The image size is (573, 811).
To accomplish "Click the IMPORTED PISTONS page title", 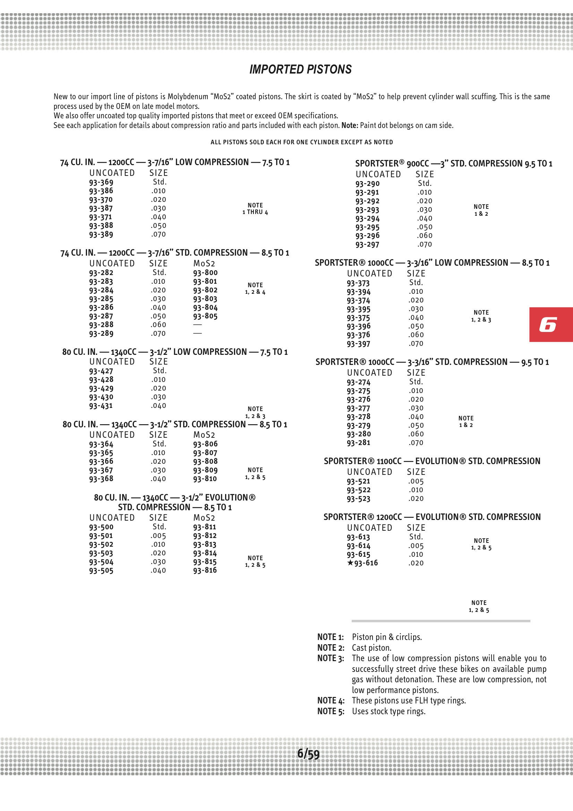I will click(300, 69).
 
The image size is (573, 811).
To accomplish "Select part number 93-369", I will click(101, 182).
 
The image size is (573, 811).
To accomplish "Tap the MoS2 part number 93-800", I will click(205, 273).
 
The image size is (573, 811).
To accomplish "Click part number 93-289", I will click(101, 333).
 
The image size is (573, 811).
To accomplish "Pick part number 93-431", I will click(101, 406).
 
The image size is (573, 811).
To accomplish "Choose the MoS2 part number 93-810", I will click(205, 479).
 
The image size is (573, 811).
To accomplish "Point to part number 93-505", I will click(101, 571).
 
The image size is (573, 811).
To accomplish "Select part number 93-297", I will click(367, 245).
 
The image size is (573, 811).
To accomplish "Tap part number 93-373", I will click(358, 283).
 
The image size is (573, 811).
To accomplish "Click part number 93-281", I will click(358, 443).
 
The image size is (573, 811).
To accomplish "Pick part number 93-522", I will click(358, 490).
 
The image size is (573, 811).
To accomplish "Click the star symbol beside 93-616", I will click(350, 563).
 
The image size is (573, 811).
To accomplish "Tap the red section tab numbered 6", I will click(550, 324).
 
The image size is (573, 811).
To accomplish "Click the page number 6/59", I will click(308, 754).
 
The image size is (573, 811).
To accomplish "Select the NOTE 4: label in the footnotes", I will click(331, 700).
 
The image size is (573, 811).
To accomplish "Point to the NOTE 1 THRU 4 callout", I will click(255, 209).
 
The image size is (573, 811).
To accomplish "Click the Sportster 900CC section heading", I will click(454, 163).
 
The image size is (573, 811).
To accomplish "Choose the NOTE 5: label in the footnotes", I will click(331, 711).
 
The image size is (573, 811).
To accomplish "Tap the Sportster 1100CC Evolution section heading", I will click(432, 461).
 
